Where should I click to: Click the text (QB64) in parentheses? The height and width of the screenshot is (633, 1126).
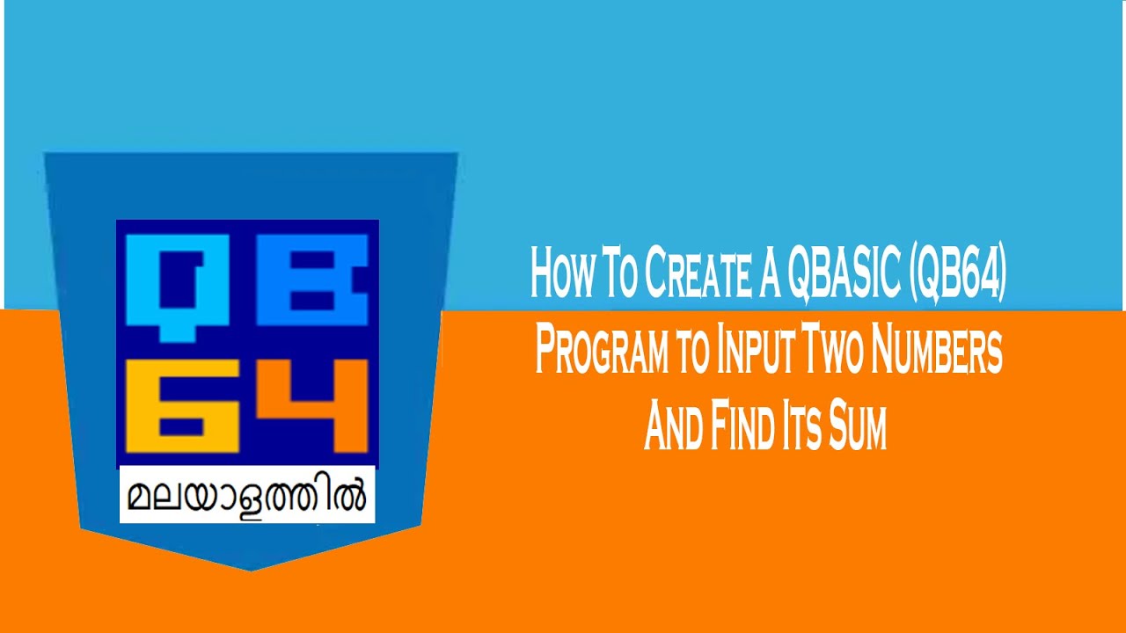tap(958, 273)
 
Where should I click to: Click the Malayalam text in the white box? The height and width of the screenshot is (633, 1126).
tap(247, 496)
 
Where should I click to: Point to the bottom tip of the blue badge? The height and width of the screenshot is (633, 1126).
tap(251, 569)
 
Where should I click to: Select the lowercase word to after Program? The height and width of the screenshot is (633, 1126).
tap(692, 352)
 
